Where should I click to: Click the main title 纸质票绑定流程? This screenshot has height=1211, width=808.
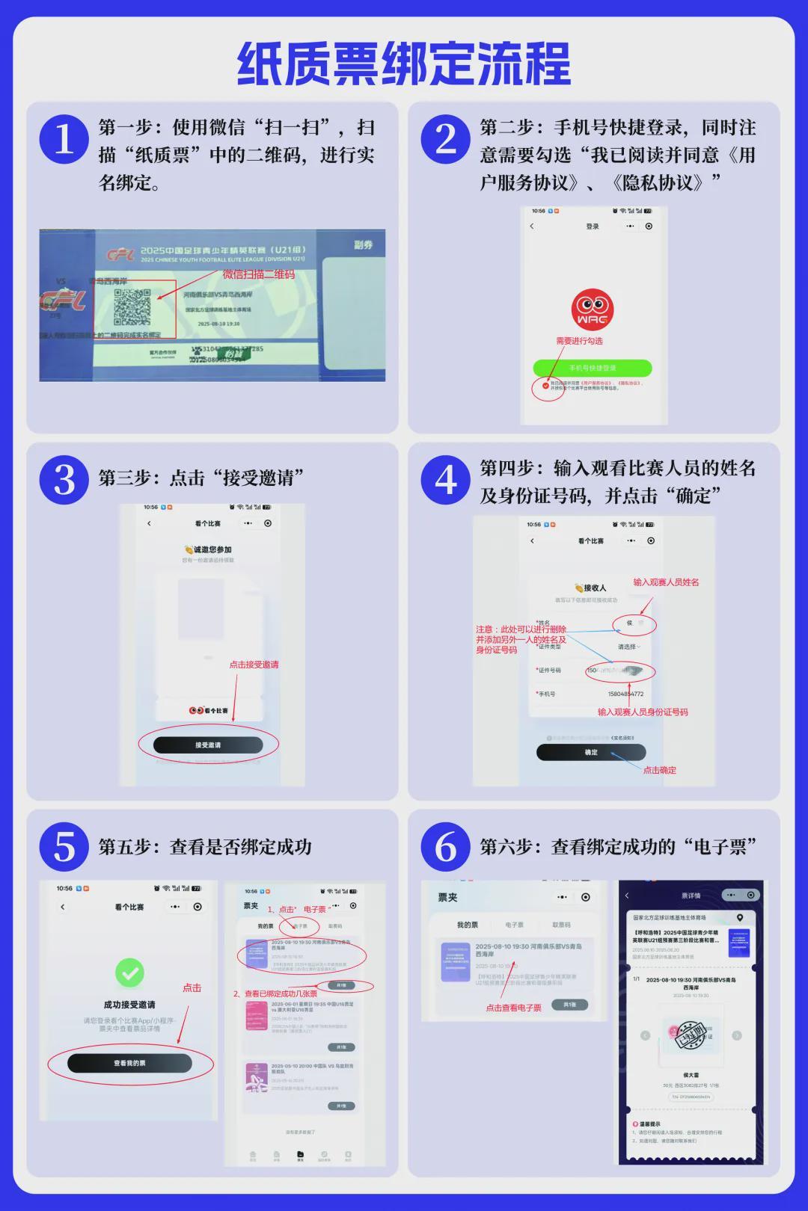pos(404,64)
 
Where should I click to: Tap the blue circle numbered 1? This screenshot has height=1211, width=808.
pos(64,139)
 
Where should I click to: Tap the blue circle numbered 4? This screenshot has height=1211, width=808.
pos(446,480)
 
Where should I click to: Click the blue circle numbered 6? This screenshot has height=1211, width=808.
pos(446,847)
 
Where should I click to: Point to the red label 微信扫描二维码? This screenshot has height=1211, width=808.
pos(259,274)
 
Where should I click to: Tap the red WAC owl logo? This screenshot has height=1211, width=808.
pos(592,309)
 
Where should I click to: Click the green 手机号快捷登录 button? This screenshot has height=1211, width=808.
pos(592,368)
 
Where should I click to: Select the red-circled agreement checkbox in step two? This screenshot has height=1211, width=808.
pos(545,386)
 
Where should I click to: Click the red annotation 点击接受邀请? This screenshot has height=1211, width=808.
pos(254,665)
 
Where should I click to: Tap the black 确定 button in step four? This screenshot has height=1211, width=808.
pos(591,752)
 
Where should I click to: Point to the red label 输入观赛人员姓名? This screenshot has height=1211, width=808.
pos(666,582)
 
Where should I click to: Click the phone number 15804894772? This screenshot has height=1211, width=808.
pos(625,694)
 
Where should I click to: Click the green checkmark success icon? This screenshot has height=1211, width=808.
pos(129,973)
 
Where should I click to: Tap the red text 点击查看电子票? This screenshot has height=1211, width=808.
pos(513,1008)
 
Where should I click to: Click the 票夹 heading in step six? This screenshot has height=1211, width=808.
pos(447,897)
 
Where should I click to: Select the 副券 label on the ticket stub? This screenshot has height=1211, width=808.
pos(364,245)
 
